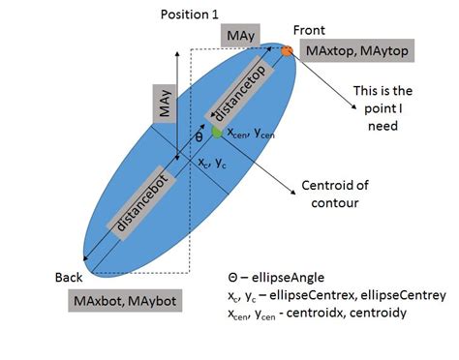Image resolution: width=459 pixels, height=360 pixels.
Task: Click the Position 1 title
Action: [192, 15]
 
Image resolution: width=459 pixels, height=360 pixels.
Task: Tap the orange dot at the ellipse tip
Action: [287, 49]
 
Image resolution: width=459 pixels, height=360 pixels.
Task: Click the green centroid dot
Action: [217, 132]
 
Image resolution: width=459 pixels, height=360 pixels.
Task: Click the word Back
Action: [71, 279]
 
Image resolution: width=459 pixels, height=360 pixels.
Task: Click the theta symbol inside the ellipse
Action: [199, 137]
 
